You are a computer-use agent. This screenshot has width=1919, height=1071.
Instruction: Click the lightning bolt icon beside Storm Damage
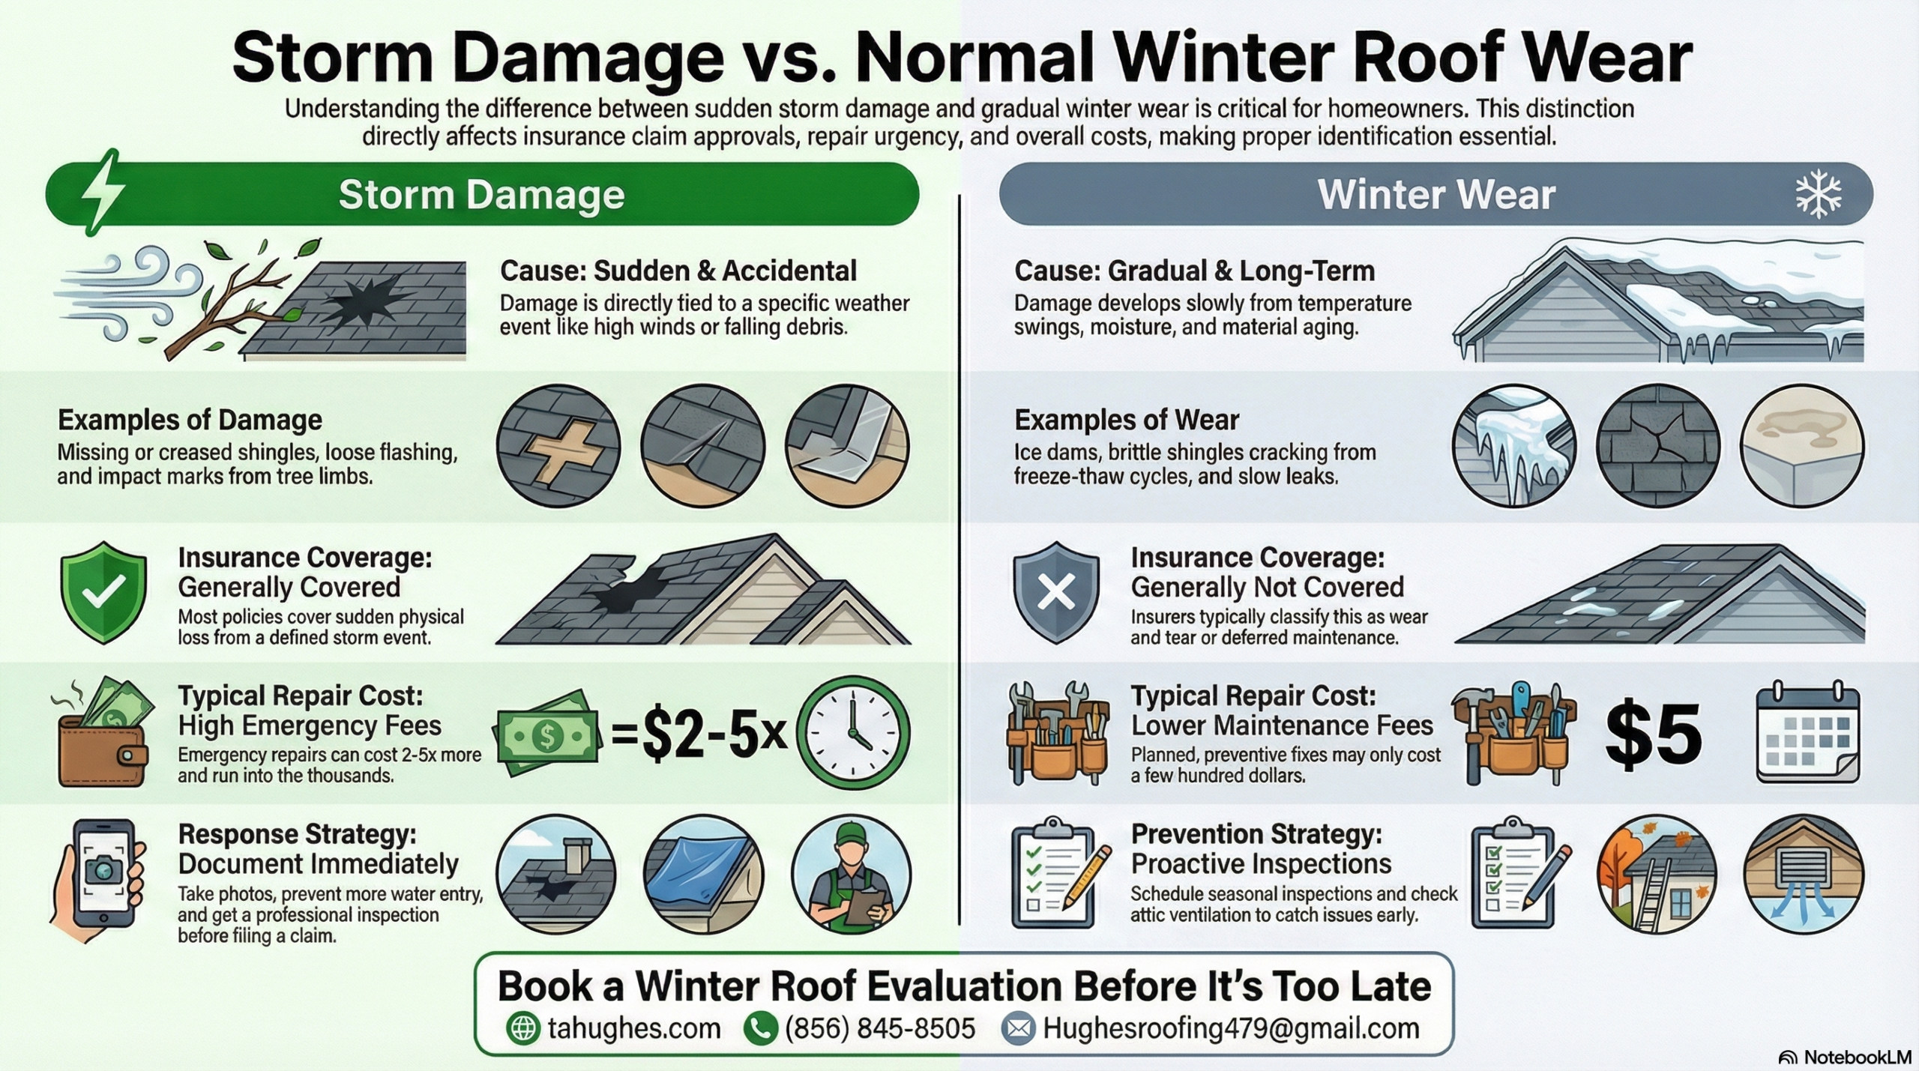pos(103,193)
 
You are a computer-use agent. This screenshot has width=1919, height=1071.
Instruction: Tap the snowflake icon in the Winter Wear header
pos(1819,194)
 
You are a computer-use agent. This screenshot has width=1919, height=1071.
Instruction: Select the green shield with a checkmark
pos(103,592)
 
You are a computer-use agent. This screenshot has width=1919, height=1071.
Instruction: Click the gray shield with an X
pos(1056,592)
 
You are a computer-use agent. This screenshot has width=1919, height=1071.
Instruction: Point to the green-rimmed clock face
pos(853,732)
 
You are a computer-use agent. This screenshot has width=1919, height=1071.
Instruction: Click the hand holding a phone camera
pos(97,881)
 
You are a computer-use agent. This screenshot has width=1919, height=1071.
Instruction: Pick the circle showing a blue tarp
pos(703,875)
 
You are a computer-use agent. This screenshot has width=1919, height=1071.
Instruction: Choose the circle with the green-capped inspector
pos(852,875)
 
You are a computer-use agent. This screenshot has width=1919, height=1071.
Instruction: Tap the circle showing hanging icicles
pos(1514,445)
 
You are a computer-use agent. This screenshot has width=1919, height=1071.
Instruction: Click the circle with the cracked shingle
pos(1658,445)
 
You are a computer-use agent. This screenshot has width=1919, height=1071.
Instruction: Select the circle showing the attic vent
pos(1803,875)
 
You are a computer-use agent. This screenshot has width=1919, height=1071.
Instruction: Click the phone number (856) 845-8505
pos(880,1028)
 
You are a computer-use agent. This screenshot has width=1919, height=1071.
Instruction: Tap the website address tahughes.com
pos(634,1028)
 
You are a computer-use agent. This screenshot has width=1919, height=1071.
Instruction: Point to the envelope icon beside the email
pos(1018,1028)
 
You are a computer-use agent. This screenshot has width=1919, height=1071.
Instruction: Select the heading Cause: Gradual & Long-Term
pos(1194,271)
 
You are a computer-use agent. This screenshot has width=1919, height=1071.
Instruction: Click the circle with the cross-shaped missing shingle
pos(558,445)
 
